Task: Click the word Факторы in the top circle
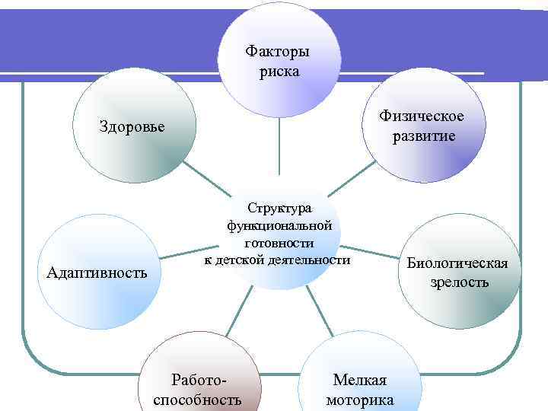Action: tap(278, 53)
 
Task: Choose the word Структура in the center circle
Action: tap(279, 208)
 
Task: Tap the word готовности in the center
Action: tap(279, 243)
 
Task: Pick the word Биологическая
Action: tap(457, 264)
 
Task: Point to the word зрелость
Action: tap(457, 282)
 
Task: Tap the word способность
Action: tap(198, 400)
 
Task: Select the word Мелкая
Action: tap(360, 381)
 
